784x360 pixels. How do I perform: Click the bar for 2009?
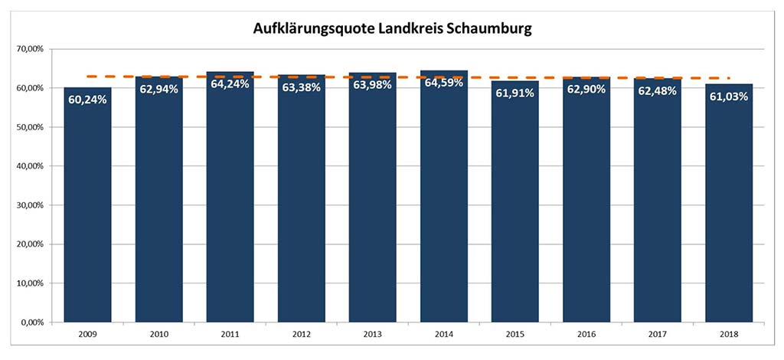coord(87,207)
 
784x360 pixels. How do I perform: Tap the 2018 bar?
coord(728,207)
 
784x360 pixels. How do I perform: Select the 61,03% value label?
coord(728,96)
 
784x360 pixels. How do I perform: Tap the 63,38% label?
coord(301,87)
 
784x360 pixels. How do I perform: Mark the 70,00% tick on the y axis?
coord(29,49)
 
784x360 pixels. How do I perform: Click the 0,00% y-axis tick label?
coord(31,322)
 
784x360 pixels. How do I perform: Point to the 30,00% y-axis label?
coord(29,205)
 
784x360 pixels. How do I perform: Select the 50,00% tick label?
coord(29,127)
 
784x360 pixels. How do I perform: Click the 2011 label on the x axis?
coord(230,335)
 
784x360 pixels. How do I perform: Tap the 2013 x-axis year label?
coord(372,335)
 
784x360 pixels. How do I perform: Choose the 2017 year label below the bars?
coord(657,335)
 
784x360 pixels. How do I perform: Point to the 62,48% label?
coord(657,90)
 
